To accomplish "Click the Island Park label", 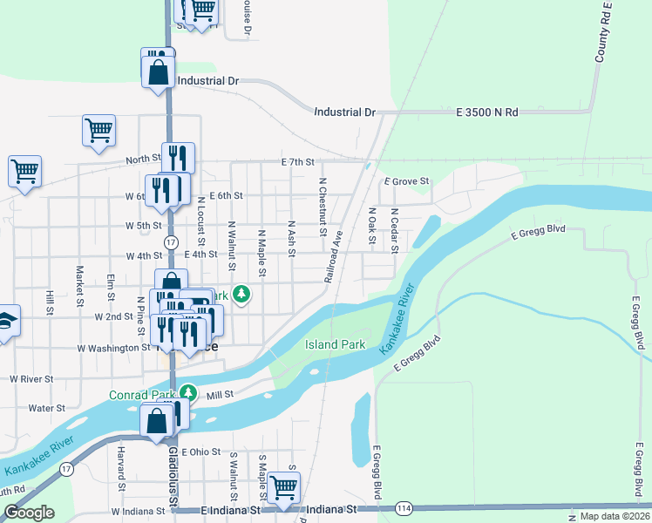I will [335, 344].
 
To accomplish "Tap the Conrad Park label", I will [142, 395].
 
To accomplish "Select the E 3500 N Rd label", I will [486, 112].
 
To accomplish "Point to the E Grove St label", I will [407, 181].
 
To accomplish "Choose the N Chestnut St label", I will [323, 207].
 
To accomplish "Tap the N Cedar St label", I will [394, 229].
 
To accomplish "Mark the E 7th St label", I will [296, 163].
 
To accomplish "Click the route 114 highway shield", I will [403, 508].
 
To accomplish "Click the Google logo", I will [29, 513].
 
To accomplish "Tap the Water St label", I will [47, 407].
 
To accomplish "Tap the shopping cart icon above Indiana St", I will [283, 489].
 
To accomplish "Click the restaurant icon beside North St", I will [177, 158].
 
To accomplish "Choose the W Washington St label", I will [113, 348].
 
